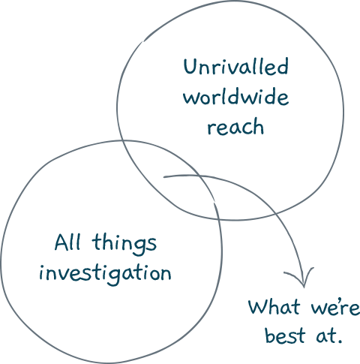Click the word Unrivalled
[236, 66]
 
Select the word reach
[235, 126]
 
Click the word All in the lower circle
[67, 242]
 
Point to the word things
[124, 244]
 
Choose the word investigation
[105, 274]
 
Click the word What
[274, 306]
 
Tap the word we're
[336, 308]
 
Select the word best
[285, 335]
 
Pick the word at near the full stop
[325, 335]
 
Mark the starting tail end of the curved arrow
[164, 177]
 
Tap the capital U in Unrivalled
[190, 66]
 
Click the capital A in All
[61, 242]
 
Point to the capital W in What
[258, 306]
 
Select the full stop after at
[339, 341]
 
